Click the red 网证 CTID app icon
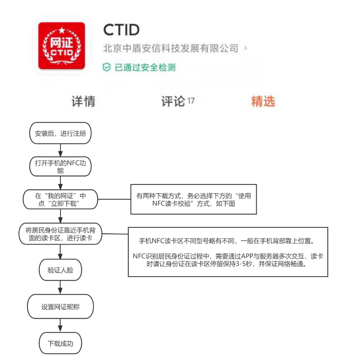[x=62, y=45]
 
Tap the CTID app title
[x=121, y=30]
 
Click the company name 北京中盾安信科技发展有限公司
[x=171, y=48]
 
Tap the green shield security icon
[x=106, y=67]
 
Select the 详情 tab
[x=83, y=101]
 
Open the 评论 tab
[x=173, y=101]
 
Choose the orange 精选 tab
[x=263, y=101]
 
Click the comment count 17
[x=191, y=101]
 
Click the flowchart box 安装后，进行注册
[x=60, y=133]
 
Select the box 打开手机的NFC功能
[x=60, y=166]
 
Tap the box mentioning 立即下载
[x=60, y=199]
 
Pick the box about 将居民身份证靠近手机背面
[x=60, y=234]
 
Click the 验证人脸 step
[x=60, y=270]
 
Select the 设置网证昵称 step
[x=60, y=307]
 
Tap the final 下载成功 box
[x=60, y=343]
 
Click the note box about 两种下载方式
[x=194, y=199]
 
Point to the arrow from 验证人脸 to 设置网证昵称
[x=60, y=287]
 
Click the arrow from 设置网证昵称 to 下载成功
[x=60, y=325]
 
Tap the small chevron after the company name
[x=245, y=48]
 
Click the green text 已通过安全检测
[x=145, y=67]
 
